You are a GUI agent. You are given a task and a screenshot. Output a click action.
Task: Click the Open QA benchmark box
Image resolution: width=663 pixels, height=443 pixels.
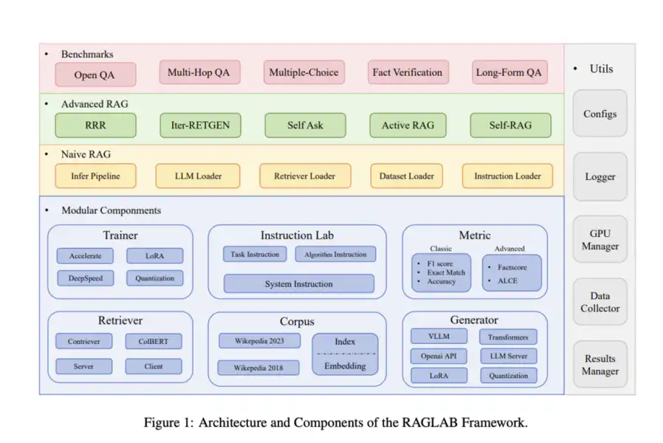pyautogui.click(x=95, y=75)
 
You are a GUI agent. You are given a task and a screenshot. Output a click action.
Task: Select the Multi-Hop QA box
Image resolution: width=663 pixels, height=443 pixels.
pyautogui.click(x=199, y=72)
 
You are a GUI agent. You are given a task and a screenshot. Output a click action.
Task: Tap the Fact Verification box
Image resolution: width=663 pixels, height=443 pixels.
pyautogui.click(x=407, y=72)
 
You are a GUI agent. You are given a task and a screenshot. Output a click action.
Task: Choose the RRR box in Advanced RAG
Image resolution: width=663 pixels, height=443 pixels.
pyautogui.click(x=95, y=125)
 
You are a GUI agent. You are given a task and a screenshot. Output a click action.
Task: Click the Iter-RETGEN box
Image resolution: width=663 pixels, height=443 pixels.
pyautogui.click(x=200, y=125)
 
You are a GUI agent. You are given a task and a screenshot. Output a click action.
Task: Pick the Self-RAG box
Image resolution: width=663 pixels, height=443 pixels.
pyautogui.click(x=510, y=125)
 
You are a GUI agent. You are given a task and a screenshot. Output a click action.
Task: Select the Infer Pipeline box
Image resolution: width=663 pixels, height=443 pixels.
pyautogui.click(x=95, y=176)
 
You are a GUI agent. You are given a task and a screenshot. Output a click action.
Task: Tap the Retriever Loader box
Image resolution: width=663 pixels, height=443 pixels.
pyautogui.click(x=303, y=176)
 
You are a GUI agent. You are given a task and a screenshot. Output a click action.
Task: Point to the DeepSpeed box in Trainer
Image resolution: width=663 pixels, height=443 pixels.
pyautogui.click(x=85, y=278)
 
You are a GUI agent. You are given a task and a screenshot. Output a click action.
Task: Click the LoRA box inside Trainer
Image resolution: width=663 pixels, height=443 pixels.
pyautogui.click(x=154, y=256)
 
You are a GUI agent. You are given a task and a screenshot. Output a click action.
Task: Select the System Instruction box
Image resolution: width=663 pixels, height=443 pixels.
pyautogui.click(x=298, y=284)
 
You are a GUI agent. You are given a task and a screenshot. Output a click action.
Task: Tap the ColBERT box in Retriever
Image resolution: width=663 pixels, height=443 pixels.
pyautogui.click(x=154, y=342)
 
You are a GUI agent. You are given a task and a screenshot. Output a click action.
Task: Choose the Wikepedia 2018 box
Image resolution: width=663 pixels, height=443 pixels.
pyautogui.click(x=259, y=367)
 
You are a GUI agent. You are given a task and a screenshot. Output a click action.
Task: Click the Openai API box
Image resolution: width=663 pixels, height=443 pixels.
pyautogui.click(x=439, y=356)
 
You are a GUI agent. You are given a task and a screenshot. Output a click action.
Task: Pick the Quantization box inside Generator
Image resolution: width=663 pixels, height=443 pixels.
pyautogui.click(x=508, y=375)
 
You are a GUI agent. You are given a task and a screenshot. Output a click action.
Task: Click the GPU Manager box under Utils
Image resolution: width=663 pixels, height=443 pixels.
pyautogui.click(x=600, y=239)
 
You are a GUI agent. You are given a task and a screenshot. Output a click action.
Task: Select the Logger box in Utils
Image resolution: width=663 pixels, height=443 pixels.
pyautogui.click(x=600, y=176)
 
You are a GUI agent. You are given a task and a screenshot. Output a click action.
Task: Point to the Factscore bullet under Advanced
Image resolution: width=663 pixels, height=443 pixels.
pyautogui.click(x=512, y=267)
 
